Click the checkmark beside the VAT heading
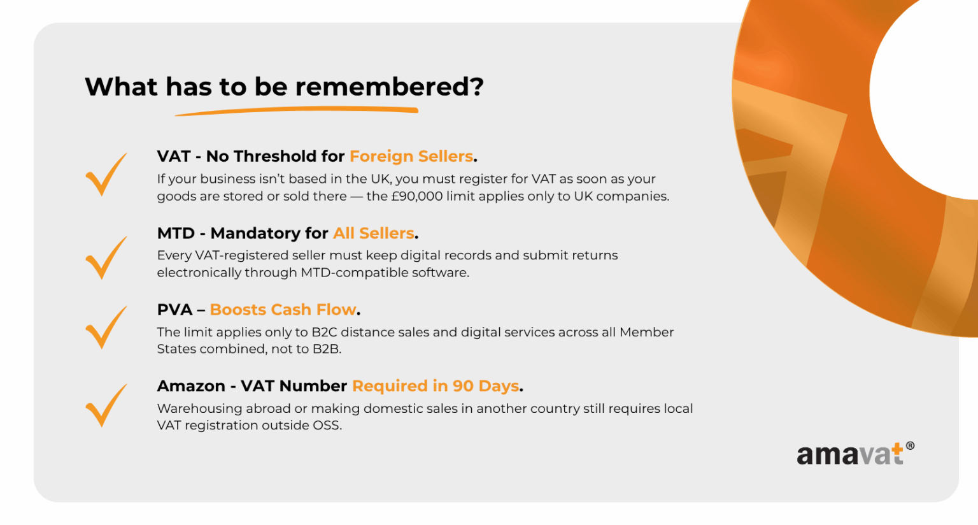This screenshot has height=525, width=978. tap(106, 174)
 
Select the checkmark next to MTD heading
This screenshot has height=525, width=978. tap(106, 257)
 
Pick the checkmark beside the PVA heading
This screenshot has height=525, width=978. tap(106, 327)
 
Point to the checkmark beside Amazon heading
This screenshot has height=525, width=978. tap(106, 405)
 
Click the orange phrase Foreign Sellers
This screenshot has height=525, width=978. tap(411, 156)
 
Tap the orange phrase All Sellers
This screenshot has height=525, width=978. tap(374, 233)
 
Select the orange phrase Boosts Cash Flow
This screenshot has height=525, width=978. tap(283, 310)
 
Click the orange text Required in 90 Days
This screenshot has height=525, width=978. tap(436, 386)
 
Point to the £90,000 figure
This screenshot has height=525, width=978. tap(416, 196)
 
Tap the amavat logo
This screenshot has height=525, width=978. tap(850, 455)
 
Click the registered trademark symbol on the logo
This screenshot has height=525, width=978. tap(910, 446)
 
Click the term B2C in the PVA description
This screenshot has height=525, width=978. tap(324, 332)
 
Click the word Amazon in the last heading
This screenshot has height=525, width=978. tap(191, 386)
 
